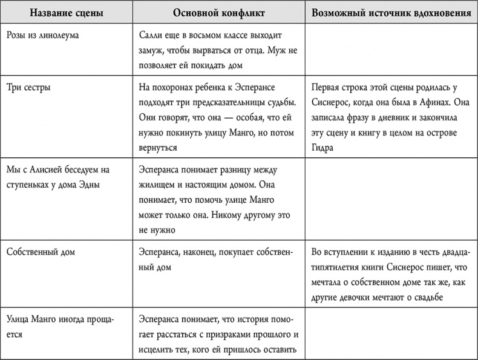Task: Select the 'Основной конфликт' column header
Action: click(x=216, y=13)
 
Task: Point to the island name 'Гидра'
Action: click(x=323, y=148)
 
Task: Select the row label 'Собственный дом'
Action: click(x=41, y=251)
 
